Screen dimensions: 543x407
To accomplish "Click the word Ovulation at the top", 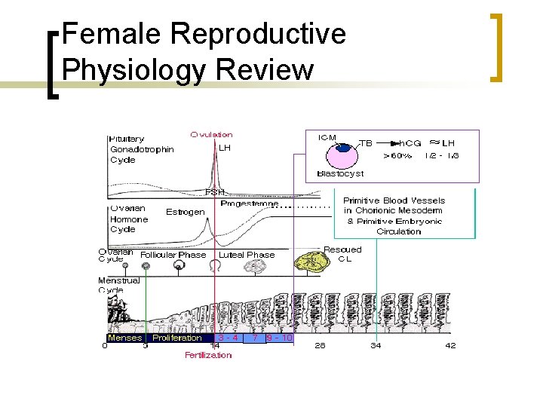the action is [211, 134].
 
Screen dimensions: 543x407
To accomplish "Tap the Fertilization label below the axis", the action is [208, 355].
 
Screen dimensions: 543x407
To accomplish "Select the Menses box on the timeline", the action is [124, 338].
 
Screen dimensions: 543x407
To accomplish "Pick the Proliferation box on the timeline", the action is [176, 338].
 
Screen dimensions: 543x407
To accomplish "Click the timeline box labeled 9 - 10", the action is [279, 338].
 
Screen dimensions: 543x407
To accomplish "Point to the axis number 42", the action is [450, 346].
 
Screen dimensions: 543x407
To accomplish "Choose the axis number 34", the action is [375, 346].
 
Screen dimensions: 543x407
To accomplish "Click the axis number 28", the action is [320, 346].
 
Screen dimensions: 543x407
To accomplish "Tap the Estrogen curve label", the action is [185, 212].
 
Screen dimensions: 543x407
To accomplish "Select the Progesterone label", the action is [250, 203].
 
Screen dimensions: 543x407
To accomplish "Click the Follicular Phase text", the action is [173, 255].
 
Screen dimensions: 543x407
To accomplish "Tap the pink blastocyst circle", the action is [342, 155].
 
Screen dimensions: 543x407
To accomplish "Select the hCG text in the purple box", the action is [410, 143].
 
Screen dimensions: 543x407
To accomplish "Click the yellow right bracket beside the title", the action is [496, 47].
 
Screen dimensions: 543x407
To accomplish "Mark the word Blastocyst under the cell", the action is [340, 173].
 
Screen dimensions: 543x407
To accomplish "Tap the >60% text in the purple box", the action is [397, 156].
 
